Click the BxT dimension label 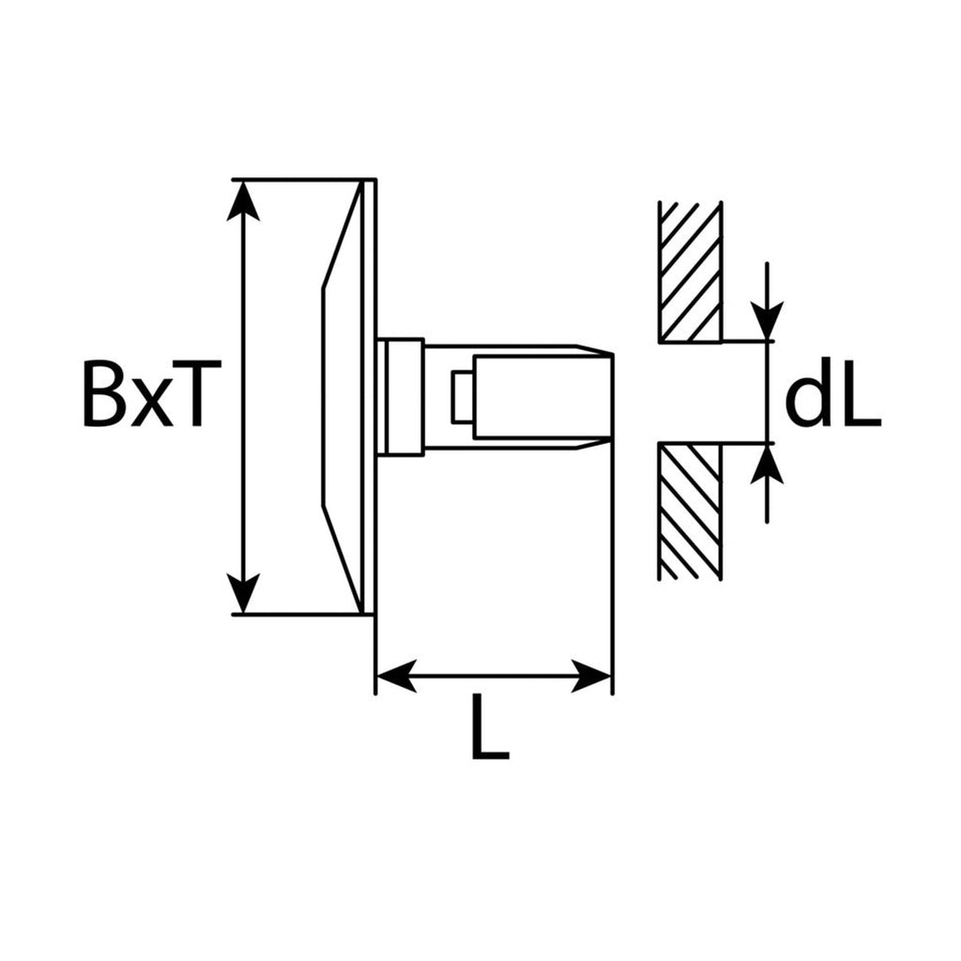143,394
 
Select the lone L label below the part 490,727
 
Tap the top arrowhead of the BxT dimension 243,201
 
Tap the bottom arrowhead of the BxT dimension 243,593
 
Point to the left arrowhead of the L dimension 397,677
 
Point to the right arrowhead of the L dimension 591,677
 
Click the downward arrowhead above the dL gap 768,320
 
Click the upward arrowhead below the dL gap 768,464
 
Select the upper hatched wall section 690,271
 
